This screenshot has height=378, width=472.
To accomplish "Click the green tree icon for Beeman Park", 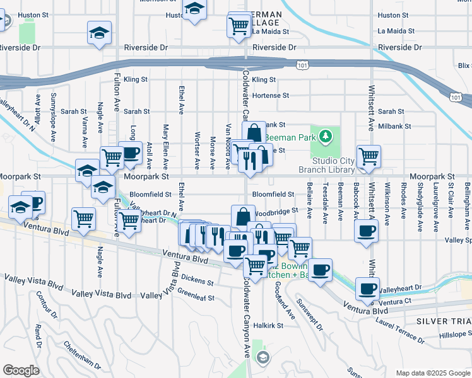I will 325,136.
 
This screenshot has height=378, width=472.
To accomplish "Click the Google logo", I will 21,370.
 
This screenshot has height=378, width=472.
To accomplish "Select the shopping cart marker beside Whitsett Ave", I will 369,157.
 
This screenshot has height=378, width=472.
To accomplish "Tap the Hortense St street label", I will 270,96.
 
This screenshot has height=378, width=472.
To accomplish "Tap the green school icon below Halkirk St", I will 263,358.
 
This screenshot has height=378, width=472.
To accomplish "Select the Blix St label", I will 464,66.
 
